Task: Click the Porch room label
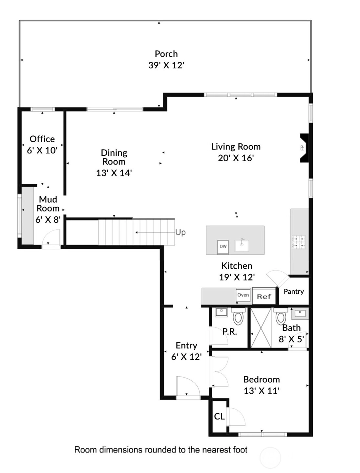pos(166,54)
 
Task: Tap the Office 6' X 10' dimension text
pos(42,150)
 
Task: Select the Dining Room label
pos(114,157)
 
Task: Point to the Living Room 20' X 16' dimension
pos(236,158)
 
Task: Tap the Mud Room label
pos(48,204)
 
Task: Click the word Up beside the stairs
pos(180,233)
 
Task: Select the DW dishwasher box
pos(223,247)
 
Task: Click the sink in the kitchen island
pos(242,245)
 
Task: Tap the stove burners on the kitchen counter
pos(299,242)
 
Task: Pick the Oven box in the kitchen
pos(243,295)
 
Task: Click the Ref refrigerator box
pos(264,296)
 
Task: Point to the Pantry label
pos(294,292)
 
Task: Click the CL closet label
pos(219,417)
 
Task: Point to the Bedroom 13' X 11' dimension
pos(262,391)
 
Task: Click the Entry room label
pos(186,346)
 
